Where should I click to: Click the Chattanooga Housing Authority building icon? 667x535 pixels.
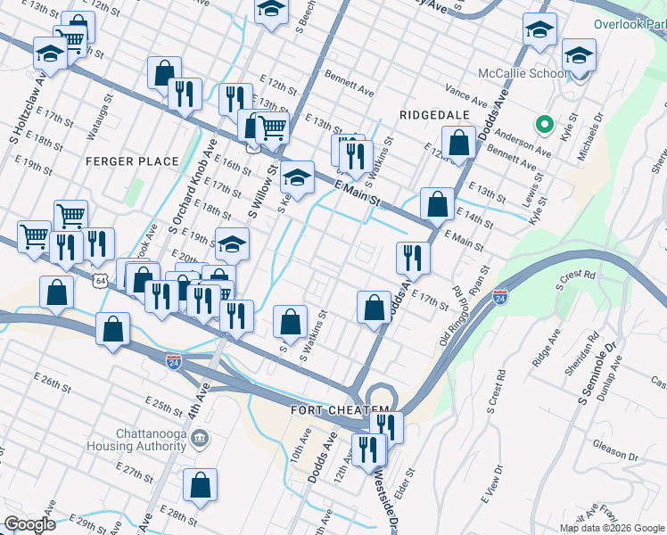(x=200, y=438)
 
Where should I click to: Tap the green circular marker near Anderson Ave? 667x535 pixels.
(x=541, y=123)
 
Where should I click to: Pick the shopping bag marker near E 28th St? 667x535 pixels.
(x=201, y=486)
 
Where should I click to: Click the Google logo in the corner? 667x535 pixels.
(x=29, y=524)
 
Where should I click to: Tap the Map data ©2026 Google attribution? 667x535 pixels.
(x=612, y=528)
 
